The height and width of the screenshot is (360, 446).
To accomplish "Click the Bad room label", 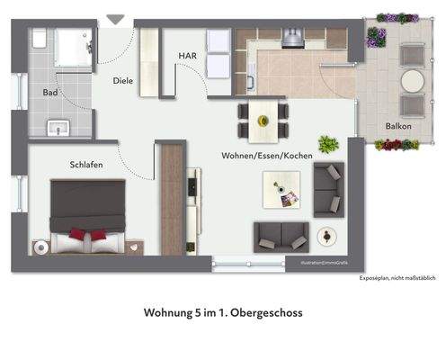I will click(x=51, y=93).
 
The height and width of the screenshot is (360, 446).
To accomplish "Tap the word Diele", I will click(x=123, y=81).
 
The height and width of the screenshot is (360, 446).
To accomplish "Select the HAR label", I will click(x=188, y=56).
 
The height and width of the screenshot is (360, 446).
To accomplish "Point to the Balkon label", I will click(x=398, y=126).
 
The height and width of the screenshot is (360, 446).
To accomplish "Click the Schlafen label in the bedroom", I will click(x=85, y=165).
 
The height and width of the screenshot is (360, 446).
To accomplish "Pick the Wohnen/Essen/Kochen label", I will click(x=267, y=156).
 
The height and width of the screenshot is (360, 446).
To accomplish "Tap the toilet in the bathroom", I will click(x=40, y=39).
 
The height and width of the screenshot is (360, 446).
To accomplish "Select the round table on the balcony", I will click(x=413, y=81).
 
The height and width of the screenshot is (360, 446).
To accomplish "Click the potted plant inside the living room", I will click(x=326, y=144).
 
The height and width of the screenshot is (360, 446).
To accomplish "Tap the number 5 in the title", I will click(x=201, y=314).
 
